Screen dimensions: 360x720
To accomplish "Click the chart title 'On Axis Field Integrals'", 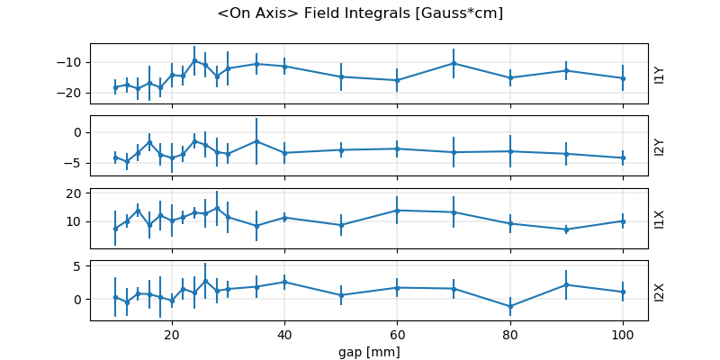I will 360,13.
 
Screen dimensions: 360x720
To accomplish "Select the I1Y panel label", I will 660,74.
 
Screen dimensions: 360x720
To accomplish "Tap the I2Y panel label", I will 660,146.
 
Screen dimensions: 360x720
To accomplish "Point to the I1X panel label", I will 660,218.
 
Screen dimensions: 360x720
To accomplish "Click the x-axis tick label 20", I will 172,333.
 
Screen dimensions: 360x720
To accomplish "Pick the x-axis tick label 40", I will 284,333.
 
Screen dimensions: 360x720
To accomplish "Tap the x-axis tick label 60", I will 397,333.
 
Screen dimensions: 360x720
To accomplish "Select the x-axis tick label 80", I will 510,333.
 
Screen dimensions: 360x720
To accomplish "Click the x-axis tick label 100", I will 623,333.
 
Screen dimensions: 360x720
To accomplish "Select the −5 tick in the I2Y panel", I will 76,163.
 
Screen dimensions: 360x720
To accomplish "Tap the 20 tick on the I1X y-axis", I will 76,193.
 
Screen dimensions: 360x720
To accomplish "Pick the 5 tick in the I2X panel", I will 79,265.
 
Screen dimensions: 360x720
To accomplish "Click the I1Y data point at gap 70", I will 454,63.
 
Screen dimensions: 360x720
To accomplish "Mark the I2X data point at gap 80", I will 510,307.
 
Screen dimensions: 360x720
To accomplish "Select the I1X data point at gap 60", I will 397,210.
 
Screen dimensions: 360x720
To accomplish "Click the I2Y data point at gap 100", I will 623,157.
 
